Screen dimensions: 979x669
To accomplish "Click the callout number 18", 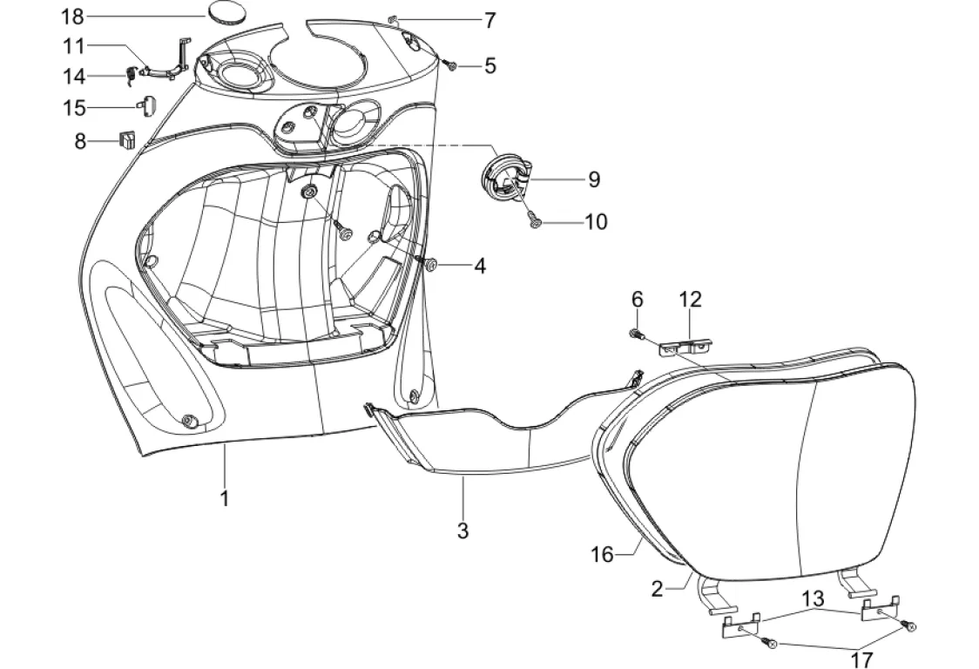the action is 72,17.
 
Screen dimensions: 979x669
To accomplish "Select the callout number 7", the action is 490,21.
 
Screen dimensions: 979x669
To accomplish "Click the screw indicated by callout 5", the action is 449,64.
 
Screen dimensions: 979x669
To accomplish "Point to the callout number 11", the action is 74,45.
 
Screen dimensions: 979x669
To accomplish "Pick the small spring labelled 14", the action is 132,76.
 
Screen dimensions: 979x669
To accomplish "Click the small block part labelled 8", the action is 127,140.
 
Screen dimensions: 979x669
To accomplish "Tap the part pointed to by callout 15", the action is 147,105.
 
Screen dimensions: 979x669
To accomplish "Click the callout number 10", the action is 597,222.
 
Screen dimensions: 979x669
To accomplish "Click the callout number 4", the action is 479,266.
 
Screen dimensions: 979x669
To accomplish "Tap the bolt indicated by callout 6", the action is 636,334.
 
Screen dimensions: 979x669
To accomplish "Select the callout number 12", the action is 691,299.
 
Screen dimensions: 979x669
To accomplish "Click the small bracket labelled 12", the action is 686,346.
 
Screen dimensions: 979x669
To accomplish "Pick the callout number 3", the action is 462,531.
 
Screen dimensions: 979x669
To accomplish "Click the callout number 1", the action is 225,498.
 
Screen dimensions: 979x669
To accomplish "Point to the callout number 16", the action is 603,554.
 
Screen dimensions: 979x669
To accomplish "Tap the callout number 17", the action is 861,659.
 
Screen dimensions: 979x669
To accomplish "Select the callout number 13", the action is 813,598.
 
